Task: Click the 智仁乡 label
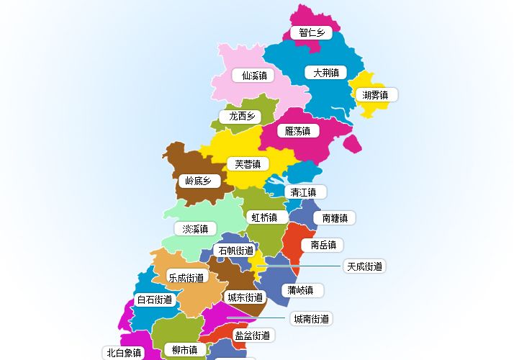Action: (312, 32)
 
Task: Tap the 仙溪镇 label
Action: (255, 75)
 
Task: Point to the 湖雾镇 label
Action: (376, 94)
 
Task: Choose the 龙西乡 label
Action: (242, 116)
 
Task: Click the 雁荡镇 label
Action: (297, 131)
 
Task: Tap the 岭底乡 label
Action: (198, 181)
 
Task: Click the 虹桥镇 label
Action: (262, 217)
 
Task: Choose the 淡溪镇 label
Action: (195, 229)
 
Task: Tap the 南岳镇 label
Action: (323, 245)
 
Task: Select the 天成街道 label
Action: (364, 266)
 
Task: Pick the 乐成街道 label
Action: (186, 276)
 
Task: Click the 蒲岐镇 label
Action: (300, 290)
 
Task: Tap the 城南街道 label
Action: (312, 318)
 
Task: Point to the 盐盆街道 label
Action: (252, 335)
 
